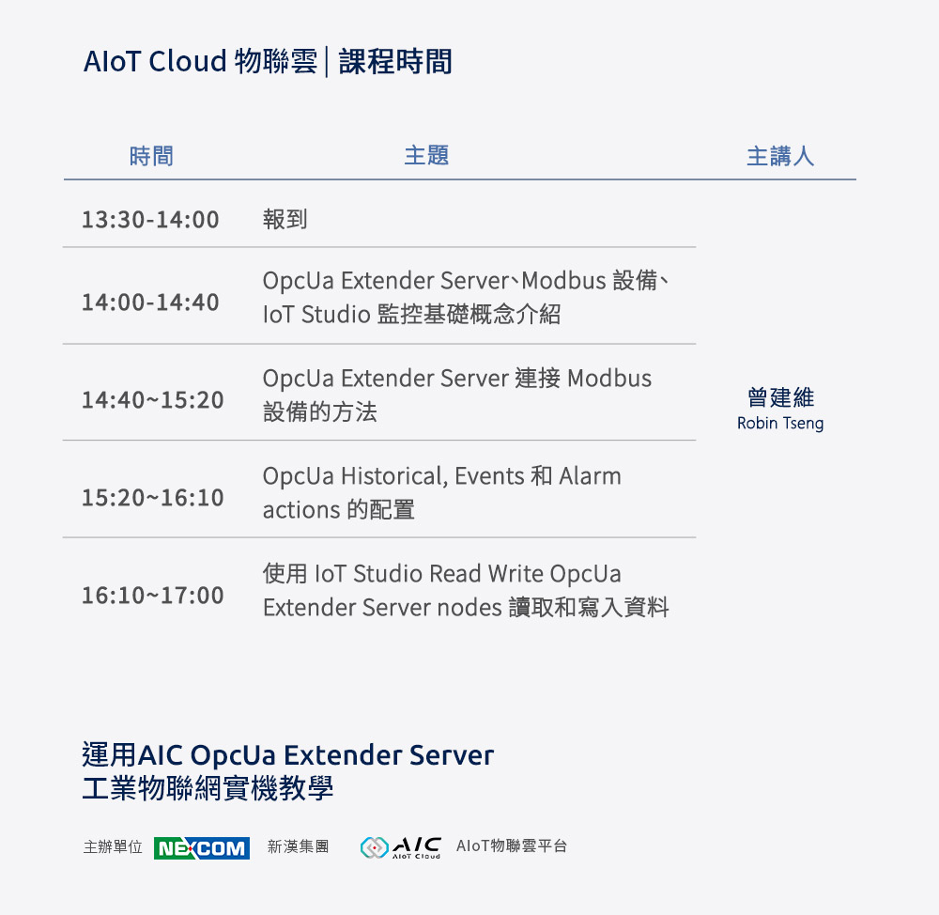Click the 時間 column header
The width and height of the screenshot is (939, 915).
coord(151,156)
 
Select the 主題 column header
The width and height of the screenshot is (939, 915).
coord(426,155)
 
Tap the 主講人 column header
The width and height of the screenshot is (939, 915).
coord(779,156)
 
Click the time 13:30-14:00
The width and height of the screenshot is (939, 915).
coord(150,220)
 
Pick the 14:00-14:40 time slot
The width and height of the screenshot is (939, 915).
coord(150,302)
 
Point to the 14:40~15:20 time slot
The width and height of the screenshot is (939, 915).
coord(152,400)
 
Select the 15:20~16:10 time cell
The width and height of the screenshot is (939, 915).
coord(152,497)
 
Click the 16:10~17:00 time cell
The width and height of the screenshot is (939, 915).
coord(152,595)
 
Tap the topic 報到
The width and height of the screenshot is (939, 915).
coord(285,220)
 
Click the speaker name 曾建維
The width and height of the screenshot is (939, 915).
coord(780,397)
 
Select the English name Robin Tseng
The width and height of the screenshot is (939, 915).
coord(780,424)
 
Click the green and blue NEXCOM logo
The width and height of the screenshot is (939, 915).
coord(201,848)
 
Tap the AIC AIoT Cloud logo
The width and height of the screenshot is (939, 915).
coord(401,847)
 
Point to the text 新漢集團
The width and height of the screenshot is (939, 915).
coord(298,846)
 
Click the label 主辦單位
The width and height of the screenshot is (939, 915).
coord(113,846)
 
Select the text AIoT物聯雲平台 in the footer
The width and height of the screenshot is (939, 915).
coord(512,846)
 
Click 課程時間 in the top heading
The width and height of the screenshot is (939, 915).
coord(395,62)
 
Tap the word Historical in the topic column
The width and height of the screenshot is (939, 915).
coord(393,476)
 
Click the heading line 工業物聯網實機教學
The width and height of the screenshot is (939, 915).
coord(208,788)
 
